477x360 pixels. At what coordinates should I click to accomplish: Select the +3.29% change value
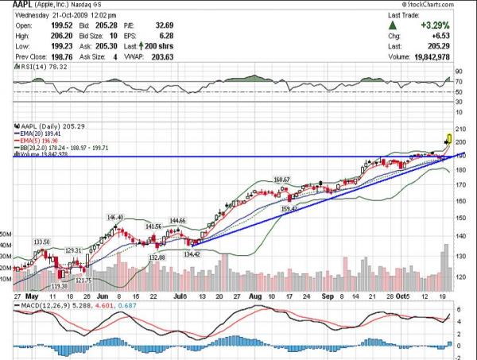click(x=436, y=26)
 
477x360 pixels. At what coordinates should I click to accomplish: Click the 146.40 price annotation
click(x=116, y=217)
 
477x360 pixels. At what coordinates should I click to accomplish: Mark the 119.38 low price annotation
click(x=59, y=285)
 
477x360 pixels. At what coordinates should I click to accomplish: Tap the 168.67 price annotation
click(x=281, y=180)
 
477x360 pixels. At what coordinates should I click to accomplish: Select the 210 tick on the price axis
click(x=460, y=128)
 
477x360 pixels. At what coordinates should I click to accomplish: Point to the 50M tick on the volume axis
click(x=6, y=234)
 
